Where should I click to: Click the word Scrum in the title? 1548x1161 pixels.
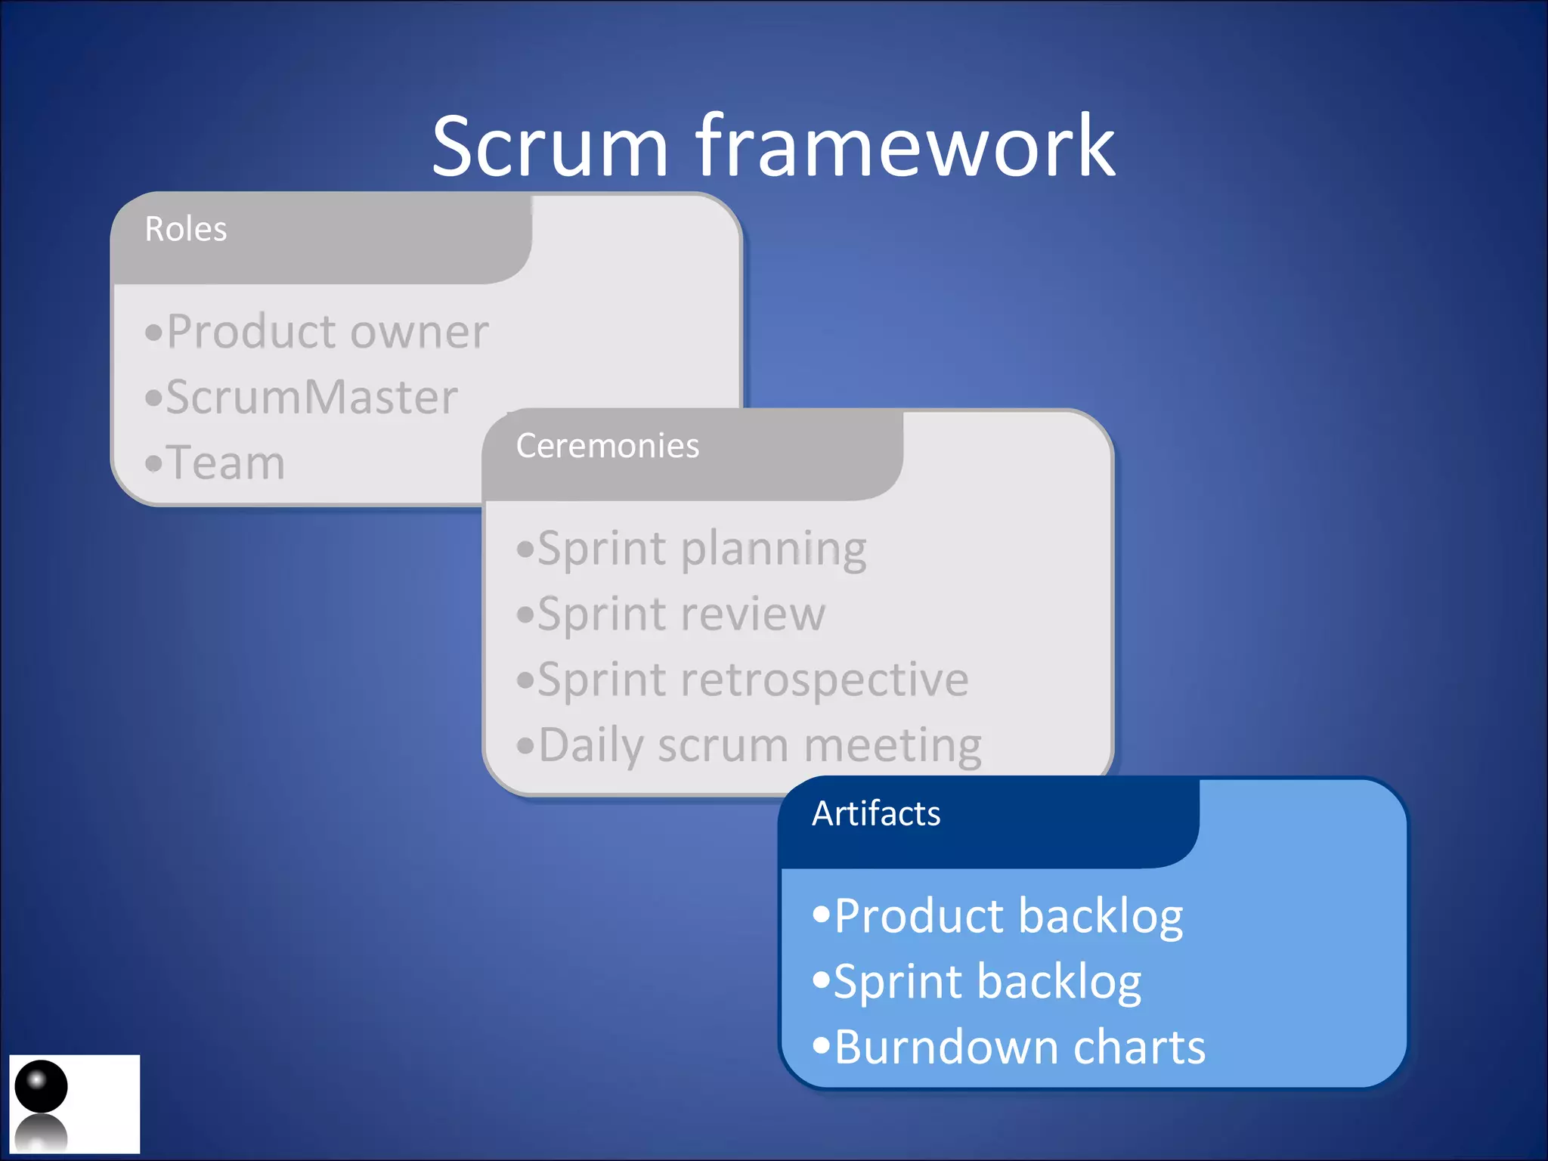pos(550,147)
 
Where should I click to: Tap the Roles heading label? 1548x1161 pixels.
pos(185,229)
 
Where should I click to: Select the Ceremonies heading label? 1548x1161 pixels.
pos(607,446)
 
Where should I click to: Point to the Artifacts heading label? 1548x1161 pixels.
pos(875,814)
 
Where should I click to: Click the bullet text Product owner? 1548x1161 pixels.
pos(327,332)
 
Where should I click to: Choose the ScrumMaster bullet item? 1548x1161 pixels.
pos(311,398)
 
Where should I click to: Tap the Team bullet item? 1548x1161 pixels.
pos(225,463)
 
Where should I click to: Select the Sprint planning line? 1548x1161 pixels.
pos(701,550)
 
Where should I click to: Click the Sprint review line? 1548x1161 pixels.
pos(680,615)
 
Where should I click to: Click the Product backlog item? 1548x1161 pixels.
pos(1008,917)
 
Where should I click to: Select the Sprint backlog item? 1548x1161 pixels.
pos(986,983)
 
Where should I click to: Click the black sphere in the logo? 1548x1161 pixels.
pos(41,1086)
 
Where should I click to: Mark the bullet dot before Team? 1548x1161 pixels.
pos(153,463)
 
